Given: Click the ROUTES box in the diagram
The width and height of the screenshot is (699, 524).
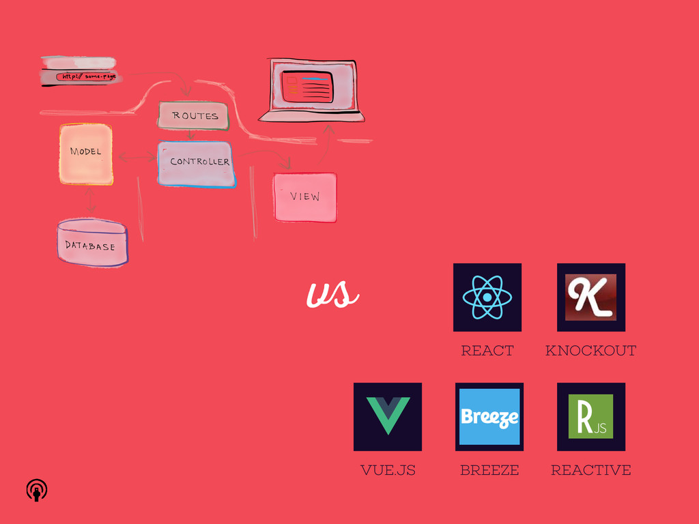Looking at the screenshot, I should point(194,116).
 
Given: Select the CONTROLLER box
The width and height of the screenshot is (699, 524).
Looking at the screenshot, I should point(197,164).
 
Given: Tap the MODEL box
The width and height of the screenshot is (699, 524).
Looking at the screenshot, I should point(86,154).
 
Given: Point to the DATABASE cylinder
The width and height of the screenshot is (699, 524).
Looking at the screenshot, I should point(92,244).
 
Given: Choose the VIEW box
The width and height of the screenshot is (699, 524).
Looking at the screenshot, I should point(305,197).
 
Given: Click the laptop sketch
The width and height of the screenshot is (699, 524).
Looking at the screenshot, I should point(312,90).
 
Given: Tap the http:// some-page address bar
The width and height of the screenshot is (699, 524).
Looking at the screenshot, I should point(87,77).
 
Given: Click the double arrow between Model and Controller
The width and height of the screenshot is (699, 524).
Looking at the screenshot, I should point(137,158).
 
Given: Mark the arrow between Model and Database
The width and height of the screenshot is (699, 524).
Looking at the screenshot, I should point(90,201).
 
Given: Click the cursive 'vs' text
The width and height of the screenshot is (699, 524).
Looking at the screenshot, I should point(332,295).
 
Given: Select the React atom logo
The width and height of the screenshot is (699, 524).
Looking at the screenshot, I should point(487,297).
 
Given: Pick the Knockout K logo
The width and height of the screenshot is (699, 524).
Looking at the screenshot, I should point(590,297).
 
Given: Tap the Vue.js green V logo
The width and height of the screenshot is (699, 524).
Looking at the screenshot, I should point(388,416).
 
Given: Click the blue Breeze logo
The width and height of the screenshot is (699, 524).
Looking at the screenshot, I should point(489,417).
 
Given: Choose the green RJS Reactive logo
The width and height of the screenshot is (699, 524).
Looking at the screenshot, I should point(590,417).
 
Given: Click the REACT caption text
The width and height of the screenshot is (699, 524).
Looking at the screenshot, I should point(487,351).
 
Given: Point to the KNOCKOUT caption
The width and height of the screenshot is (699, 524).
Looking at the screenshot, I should point(590,351).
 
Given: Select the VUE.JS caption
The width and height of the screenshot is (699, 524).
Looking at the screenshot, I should point(388,470).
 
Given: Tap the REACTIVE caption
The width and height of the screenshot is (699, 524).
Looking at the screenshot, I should point(590,470).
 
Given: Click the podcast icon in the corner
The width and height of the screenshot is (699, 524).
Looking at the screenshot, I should point(37,490).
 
